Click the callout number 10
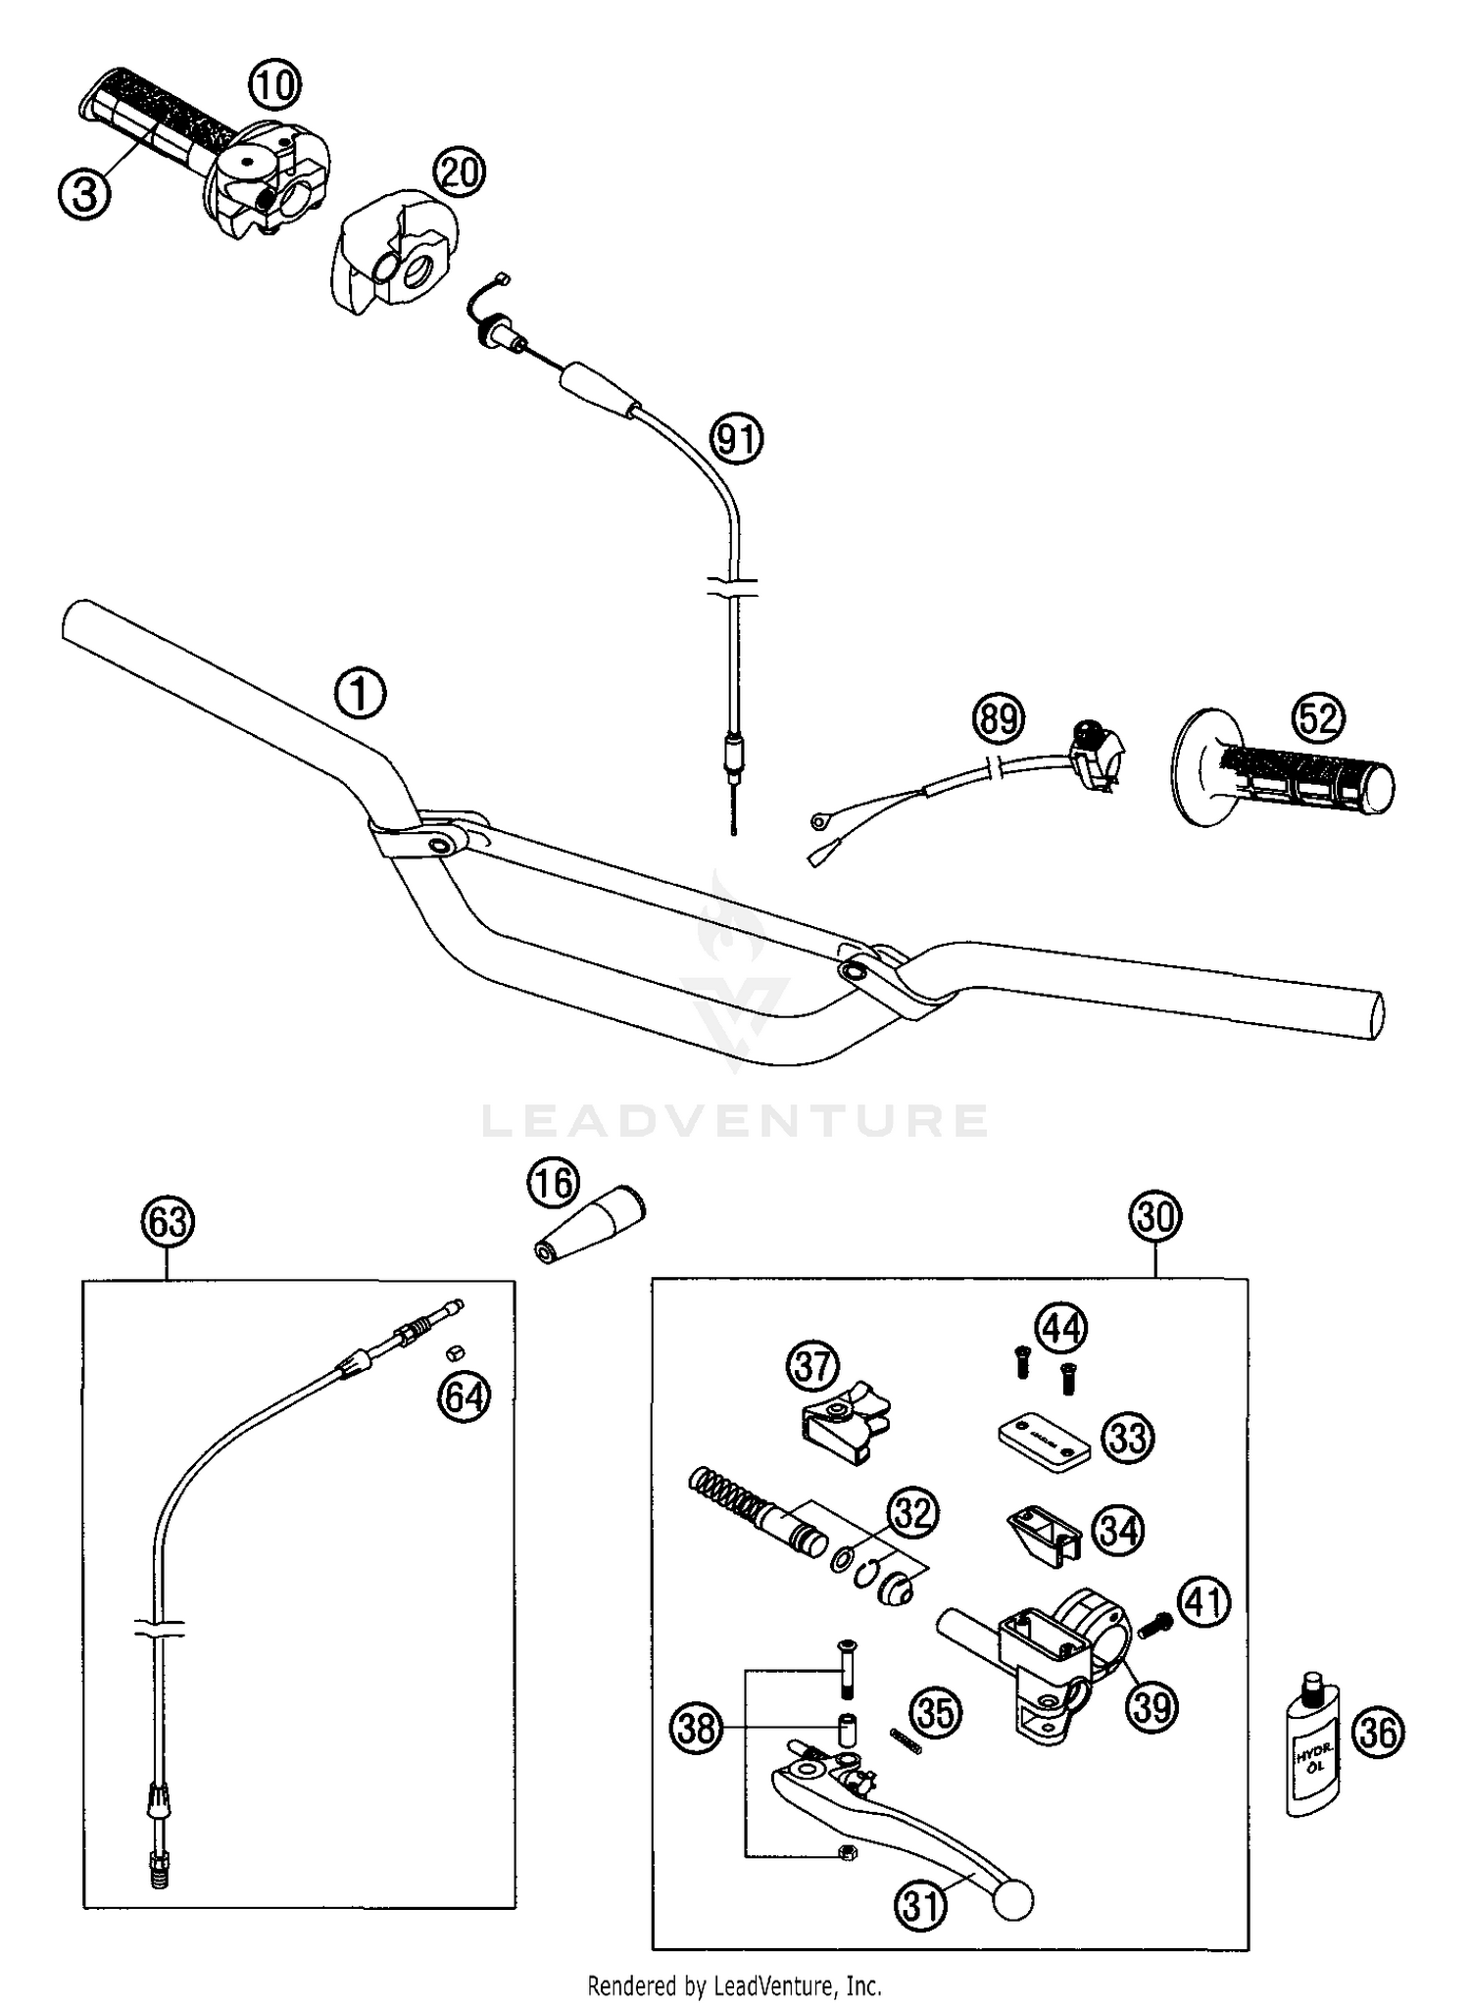point(273,85)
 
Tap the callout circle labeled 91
point(736,440)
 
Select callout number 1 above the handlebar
point(360,694)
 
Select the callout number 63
point(168,1222)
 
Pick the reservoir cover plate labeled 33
point(1044,1440)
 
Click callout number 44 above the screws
point(1061,1328)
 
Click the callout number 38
point(697,1729)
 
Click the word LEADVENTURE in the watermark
point(734,1120)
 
